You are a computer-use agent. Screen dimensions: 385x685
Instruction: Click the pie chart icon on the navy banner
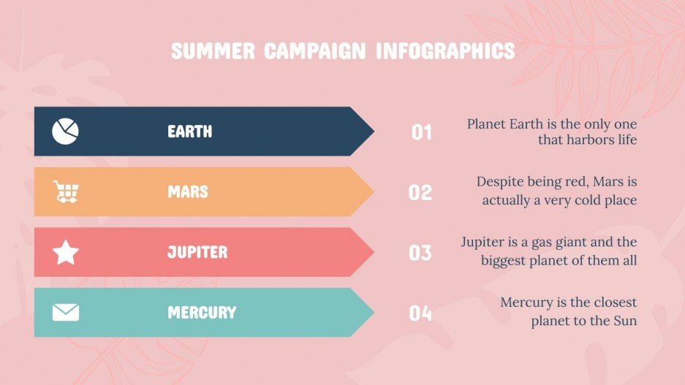[x=65, y=131]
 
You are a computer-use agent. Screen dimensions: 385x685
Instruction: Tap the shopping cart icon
[x=66, y=192]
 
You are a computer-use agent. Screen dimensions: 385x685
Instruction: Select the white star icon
[x=66, y=252]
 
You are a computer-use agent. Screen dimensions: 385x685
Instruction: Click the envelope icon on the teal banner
[x=66, y=313]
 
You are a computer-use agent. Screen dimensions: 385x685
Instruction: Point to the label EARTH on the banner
[x=190, y=131]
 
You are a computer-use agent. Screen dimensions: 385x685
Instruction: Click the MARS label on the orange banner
[x=188, y=192]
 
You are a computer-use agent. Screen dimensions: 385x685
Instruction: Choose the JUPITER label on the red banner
[x=197, y=252]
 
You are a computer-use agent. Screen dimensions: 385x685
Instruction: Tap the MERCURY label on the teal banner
[x=202, y=313]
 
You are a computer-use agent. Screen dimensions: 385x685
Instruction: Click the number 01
[x=422, y=132]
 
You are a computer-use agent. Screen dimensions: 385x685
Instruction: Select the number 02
[x=420, y=193]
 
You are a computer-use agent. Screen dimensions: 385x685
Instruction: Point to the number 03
[x=420, y=253]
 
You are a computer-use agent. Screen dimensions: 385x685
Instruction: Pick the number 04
[x=420, y=313]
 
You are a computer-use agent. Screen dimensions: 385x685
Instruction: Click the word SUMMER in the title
[x=213, y=51]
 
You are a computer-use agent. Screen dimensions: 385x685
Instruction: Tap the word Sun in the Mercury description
[x=624, y=320]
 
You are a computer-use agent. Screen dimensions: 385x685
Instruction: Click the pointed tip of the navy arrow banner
[x=373, y=131]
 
